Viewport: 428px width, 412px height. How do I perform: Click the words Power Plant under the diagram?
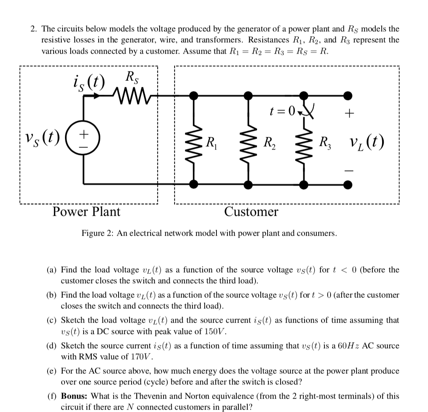86,212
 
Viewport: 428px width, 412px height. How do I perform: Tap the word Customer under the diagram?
251,212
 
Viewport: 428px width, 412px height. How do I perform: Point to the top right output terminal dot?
348,96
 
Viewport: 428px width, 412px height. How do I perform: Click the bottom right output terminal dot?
348,184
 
